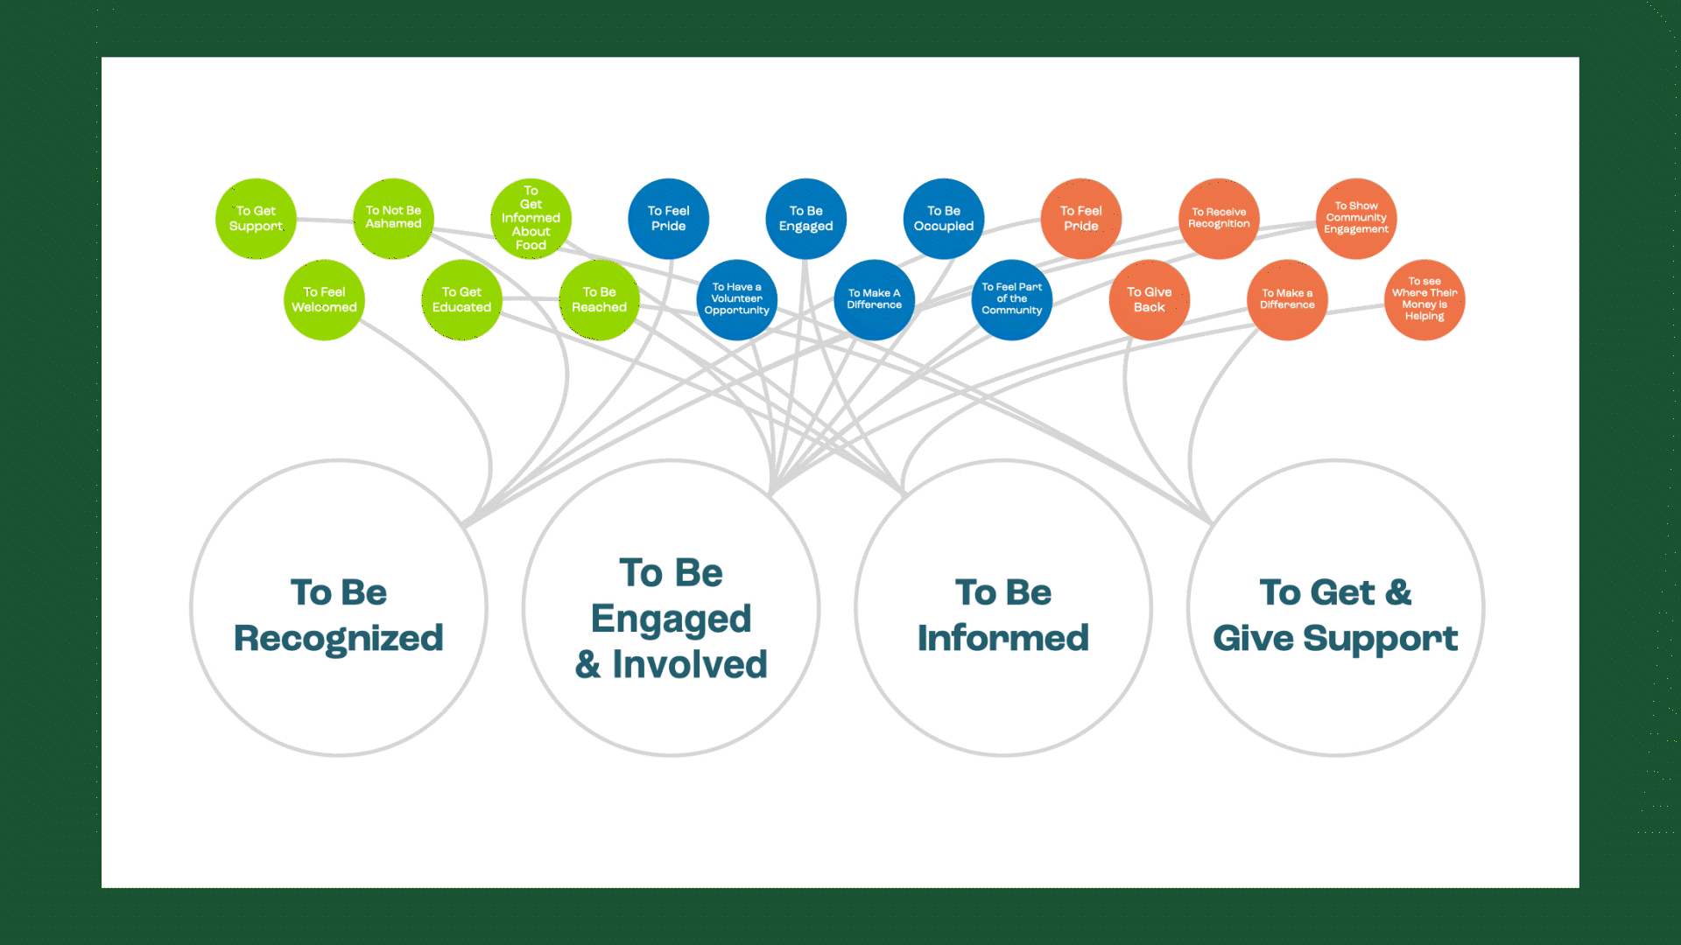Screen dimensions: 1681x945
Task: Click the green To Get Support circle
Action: [256, 219]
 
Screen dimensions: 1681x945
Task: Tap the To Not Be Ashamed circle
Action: [393, 219]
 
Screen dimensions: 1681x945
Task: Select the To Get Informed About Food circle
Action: [531, 219]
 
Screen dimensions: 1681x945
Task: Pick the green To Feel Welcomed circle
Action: [324, 300]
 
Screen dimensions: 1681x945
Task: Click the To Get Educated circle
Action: [461, 300]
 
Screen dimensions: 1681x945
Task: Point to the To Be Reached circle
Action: [599, 300]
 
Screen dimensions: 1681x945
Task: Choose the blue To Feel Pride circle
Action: [668, 219]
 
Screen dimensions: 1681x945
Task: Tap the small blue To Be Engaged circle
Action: [805, 219]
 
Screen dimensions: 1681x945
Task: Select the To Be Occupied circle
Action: [943, 219]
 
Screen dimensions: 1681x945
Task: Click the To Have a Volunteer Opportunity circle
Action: [736, 300]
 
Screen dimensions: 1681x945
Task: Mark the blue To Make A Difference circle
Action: [874, 300]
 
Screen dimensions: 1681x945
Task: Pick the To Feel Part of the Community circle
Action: [1011, 300]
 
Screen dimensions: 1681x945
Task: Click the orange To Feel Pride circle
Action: [1080, 219]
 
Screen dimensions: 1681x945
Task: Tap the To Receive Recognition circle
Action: [1219, 219]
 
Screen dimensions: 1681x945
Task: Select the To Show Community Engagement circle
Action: [1356, 219]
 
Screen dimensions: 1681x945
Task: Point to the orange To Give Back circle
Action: [1149, 300]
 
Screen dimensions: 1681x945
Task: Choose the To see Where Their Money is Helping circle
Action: [1424, 300]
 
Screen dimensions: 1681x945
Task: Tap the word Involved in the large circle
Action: [689, 664]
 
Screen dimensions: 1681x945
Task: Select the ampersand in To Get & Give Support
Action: [1399, 592]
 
